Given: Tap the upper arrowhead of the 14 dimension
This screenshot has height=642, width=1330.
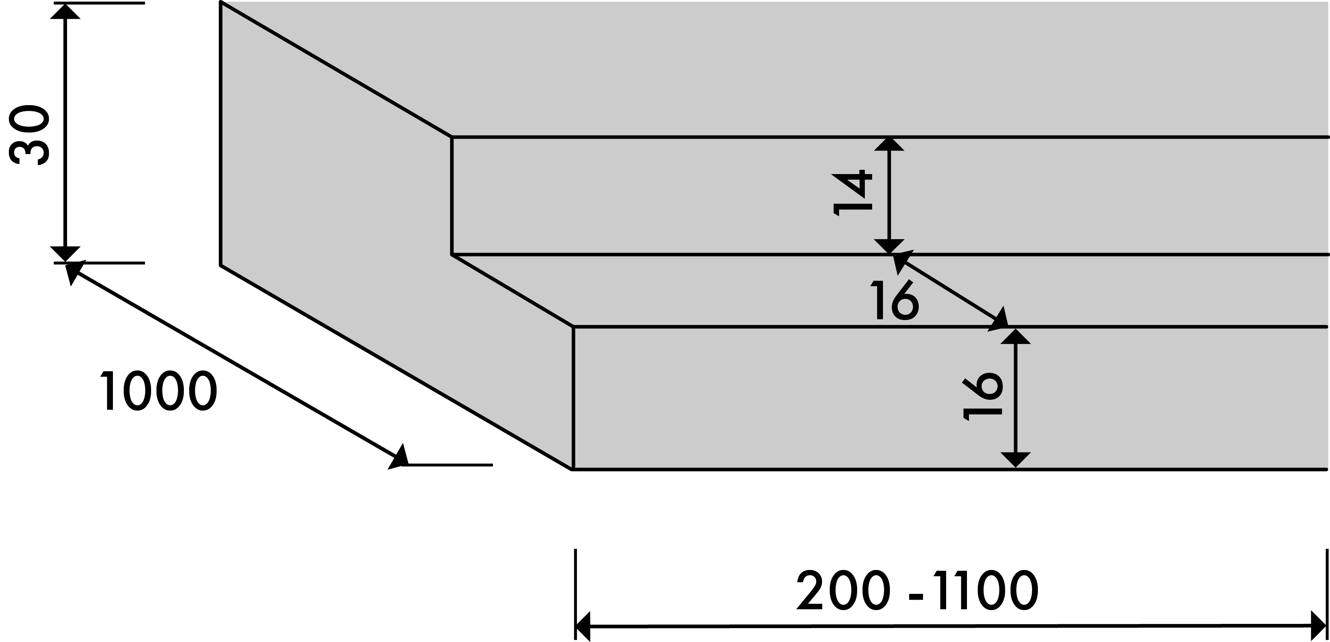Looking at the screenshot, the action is click(x=889, y=144).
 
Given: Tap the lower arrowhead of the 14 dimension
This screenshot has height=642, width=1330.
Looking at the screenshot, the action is click(x=889, y=247).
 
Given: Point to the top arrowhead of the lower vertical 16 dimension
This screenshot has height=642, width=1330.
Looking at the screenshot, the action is click(x=1016, y=337).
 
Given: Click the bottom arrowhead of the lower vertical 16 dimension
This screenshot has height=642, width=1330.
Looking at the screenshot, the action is click(x=1016, y=459).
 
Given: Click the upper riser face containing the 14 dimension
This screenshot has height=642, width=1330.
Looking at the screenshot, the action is click(x=671, y=196).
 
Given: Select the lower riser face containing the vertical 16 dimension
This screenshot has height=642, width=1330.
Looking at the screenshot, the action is click(x=775, y=397).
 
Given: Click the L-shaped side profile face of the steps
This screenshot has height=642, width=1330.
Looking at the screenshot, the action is click(x=336, y=206).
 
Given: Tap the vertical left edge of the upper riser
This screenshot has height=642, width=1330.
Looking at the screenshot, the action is click(x=452, y=196).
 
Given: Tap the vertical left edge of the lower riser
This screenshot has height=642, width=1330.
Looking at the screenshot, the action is click(x=573, y=397).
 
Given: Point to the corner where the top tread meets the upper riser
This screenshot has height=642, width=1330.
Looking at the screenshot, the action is click(x=452, y=137).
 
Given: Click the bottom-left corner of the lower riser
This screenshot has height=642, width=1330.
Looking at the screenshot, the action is click(x=573, y=468).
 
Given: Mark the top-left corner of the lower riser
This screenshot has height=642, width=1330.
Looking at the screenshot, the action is click(x=573, y=327).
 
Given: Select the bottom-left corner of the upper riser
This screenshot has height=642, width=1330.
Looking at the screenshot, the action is click(x=452, y=255).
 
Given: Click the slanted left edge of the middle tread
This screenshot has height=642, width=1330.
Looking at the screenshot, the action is click(x=513, y=290).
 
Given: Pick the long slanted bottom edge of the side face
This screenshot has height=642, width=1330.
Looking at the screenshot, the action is click(x=398, y=366).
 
